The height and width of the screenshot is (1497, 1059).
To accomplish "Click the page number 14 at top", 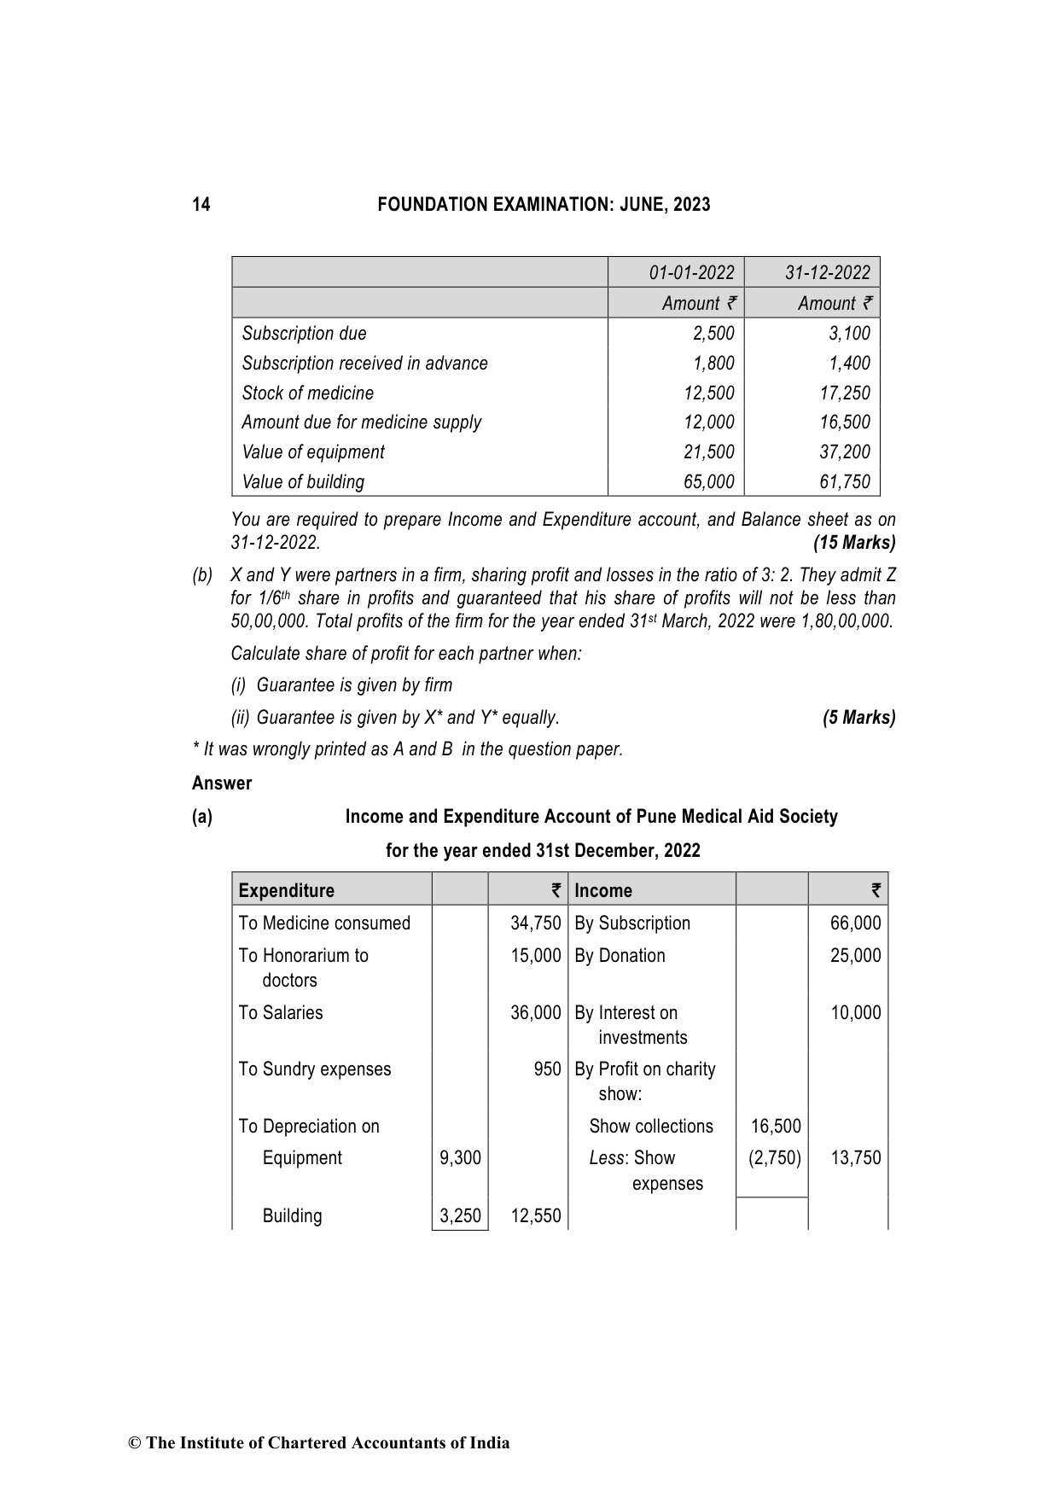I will coord(201,205).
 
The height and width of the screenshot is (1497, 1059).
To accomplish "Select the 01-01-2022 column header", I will coord(691,272).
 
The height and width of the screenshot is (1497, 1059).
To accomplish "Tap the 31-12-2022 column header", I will coord(827,272).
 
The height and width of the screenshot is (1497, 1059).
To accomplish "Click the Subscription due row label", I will coord(304,334).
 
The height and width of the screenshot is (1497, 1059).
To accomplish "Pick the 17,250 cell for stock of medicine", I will coord(845,393).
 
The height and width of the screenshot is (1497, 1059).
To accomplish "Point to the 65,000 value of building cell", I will coord(708,482).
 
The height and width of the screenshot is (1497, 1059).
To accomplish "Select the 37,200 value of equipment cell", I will coord(845,452).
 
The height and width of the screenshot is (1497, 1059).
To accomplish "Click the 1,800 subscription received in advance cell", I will coord(713,364).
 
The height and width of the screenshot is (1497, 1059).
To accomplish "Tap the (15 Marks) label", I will coord(853,543).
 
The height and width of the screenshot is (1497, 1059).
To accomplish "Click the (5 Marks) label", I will coord(858,718).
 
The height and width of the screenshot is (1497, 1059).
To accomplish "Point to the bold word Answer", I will coord(222,783).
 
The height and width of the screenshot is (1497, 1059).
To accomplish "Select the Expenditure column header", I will coord(287,891).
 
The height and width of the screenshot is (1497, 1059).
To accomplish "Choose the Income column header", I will coord(603,891).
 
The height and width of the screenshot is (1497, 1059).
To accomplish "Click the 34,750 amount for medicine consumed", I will coord(535,923).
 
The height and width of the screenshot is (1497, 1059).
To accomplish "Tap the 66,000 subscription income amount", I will coord(855,923).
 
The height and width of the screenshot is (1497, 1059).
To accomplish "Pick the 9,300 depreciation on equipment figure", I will coord(460,1158).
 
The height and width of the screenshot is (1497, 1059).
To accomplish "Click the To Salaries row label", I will coord(281,1013).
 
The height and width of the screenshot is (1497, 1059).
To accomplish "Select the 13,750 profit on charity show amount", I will coord(855,1158).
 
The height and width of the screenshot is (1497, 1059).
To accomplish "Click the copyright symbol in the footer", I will coord(134,1443).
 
